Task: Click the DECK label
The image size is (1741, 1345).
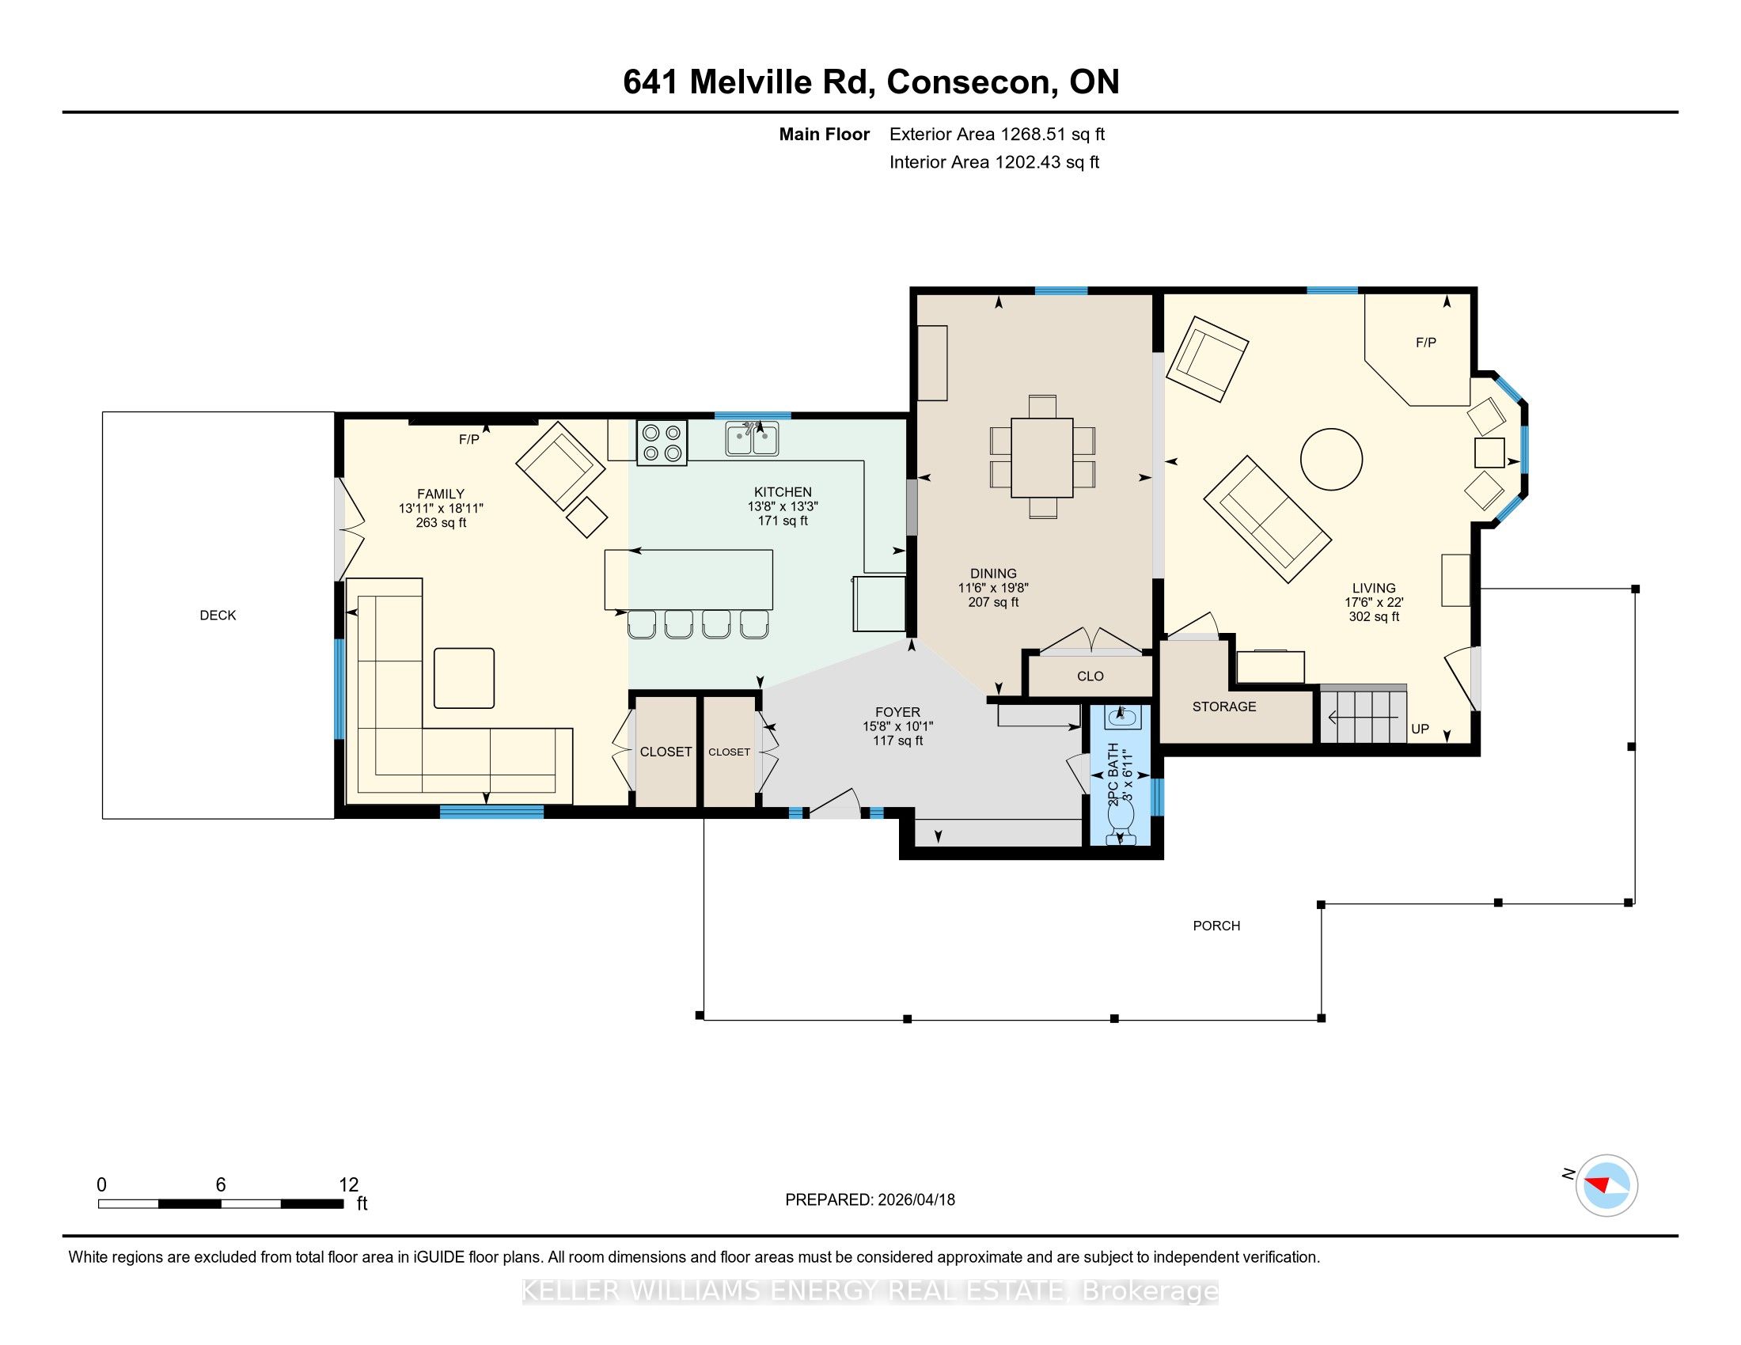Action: pos(218,615)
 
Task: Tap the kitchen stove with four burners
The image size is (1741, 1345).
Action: pos(662,443)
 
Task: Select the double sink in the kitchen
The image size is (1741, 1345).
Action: pos(752,438)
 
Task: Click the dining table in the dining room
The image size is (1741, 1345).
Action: pos(1042,457)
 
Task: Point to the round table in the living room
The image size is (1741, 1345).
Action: pos(1331,459)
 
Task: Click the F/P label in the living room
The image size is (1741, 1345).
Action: pos(1426,343)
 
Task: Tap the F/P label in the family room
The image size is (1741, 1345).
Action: pos(468,439)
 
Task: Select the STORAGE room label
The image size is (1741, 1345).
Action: pos(1223,707)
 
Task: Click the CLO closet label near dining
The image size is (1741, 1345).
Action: pos(1090,676)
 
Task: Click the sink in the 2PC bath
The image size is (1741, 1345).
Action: pos(1123,716)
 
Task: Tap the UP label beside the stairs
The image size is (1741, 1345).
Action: pos(1420,728)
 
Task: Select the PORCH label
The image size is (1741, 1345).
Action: pos(1216,926)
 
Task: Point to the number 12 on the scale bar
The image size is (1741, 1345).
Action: pos(348,1185)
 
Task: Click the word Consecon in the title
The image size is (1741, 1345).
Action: pos(973,82)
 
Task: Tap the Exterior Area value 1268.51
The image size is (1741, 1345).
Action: pos(1033,134)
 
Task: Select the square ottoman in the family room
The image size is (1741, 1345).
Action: pos(464,678)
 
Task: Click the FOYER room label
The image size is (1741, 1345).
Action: pos(897,712)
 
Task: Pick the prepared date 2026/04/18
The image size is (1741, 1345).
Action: pos(915,1200)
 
